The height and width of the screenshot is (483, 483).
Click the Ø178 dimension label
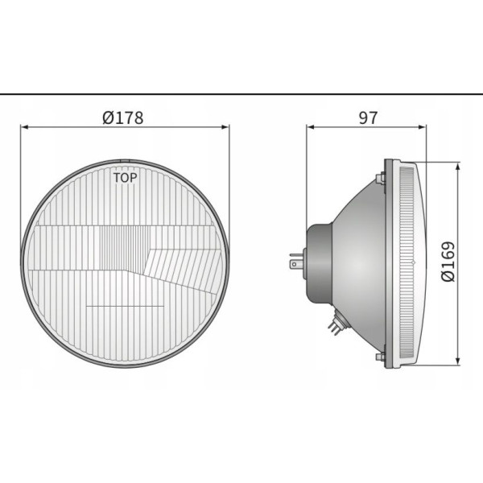click(123, 118)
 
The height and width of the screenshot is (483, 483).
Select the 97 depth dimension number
click(368, 118)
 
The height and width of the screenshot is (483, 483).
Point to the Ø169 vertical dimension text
click(448, 261)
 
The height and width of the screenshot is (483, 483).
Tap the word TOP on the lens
click(125, 178)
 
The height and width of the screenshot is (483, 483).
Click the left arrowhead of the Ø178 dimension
click(24, 127)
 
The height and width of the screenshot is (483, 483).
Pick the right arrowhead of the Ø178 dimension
click(225, 127)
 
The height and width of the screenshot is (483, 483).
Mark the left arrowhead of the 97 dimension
click(310, 127)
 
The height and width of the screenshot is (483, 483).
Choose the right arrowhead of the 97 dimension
click(423, 127)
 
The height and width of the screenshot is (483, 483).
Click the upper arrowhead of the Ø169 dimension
click(458, 167)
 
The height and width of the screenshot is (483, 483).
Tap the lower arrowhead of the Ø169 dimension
click(458, 361)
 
